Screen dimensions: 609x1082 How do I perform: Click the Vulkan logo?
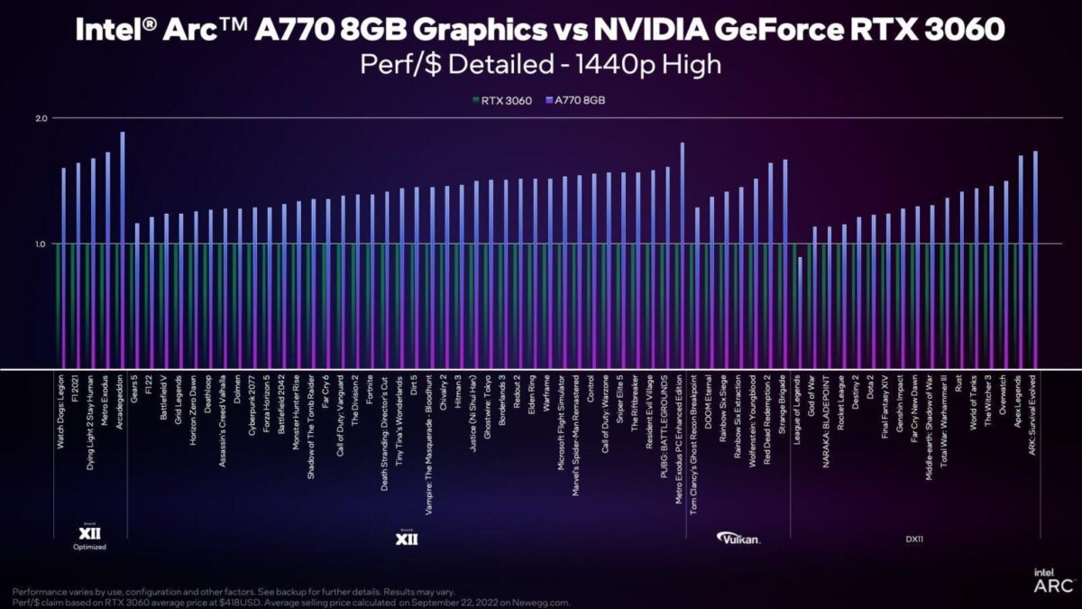pos(738,539)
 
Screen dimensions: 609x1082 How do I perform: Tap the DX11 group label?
pos(915,540)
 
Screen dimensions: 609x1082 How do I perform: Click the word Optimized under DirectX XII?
pos(89,547)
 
